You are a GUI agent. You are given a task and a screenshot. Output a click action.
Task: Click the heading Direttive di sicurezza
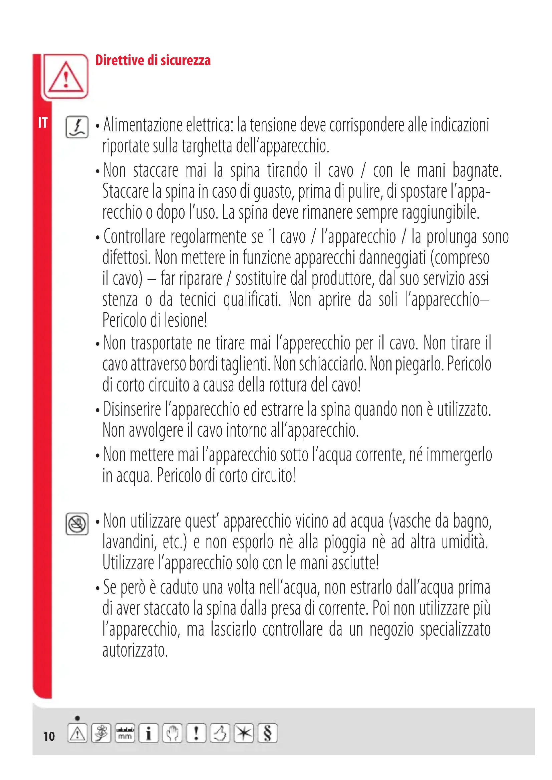click(153, 60)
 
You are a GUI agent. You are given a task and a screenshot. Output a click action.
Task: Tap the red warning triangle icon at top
click(66, 77)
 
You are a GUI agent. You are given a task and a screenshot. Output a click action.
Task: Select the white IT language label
click(42, 123)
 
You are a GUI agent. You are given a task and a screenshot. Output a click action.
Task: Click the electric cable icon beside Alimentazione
click(77, 127)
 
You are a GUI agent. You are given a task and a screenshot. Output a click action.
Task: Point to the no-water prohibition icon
click(77, 524)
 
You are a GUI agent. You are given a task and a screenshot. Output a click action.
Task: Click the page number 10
click(49, 736)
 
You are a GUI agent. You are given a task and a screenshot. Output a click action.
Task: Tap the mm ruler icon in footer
click(125, 733)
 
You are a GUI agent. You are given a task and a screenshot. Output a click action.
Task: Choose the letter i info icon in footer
click(149, 733)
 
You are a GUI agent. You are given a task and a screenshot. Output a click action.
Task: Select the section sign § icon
click(267, 733)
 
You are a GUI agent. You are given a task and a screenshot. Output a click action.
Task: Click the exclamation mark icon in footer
click(196, 733)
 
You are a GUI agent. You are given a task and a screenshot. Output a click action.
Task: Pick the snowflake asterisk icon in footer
click(244, 733)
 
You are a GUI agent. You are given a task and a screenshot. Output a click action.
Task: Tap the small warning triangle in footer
click(77, 733)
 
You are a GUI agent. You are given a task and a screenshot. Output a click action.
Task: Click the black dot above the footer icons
click(77, 718)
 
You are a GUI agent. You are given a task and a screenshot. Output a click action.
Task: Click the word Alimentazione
click(143, 125)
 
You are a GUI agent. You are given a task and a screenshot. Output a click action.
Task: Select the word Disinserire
click(132, 409)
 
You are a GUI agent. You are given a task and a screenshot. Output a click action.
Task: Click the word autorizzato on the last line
click(135, 650)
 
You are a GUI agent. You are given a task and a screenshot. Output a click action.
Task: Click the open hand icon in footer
click(172, 733)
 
